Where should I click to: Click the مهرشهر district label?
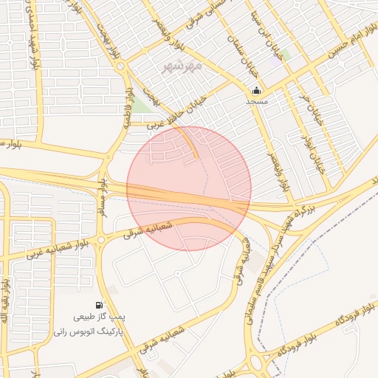coord(182,66)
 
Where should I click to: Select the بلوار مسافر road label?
coord(102,195)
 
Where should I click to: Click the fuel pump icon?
coord(99,305)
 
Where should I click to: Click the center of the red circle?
coord(189,188)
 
